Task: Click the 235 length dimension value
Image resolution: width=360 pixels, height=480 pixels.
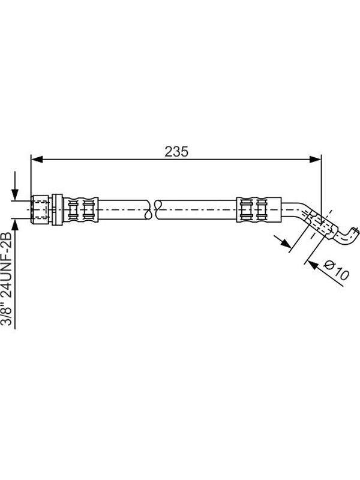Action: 176,152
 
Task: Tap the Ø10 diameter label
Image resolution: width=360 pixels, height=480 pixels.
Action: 336,269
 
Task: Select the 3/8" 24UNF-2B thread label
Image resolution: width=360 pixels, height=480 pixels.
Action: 7,278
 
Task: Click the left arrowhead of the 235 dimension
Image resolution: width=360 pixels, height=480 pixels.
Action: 37,159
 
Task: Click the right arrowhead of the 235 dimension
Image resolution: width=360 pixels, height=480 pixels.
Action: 316,159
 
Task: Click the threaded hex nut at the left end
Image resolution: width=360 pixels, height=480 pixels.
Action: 40,209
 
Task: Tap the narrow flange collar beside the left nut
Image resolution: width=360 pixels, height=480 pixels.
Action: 57,209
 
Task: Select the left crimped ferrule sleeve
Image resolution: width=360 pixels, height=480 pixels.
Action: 80,209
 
